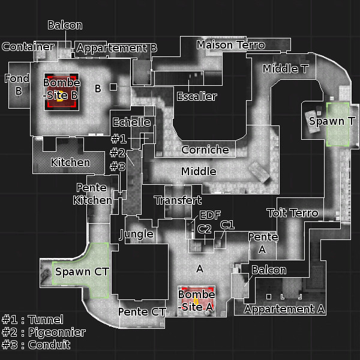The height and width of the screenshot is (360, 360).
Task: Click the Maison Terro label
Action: point(230,45)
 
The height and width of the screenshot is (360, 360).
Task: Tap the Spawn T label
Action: point(332,121)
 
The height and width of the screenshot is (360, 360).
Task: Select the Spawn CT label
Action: point(82,272)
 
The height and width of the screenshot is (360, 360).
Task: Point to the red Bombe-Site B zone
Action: point(61,92)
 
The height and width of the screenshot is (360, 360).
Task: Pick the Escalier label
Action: point(197,96)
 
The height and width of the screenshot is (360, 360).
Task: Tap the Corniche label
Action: point(205,150)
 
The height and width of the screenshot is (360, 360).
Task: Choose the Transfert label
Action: point(178,200)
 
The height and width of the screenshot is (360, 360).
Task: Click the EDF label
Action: point(210,215)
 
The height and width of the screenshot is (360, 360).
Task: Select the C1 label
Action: point(227,224)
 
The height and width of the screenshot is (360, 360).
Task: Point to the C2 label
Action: point(204,229)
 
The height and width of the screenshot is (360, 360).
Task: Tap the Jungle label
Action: point(137,233)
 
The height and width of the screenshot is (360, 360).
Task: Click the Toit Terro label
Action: point(292,213)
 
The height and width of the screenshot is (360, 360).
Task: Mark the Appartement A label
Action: point(284,310)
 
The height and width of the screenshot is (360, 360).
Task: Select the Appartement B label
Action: point(117,48)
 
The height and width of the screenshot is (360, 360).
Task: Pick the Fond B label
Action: point(17,85)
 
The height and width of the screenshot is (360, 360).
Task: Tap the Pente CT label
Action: point(142,312)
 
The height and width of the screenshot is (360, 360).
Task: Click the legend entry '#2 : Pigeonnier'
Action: point(43,332)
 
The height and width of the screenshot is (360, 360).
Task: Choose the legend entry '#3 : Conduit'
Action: point(36,345)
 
